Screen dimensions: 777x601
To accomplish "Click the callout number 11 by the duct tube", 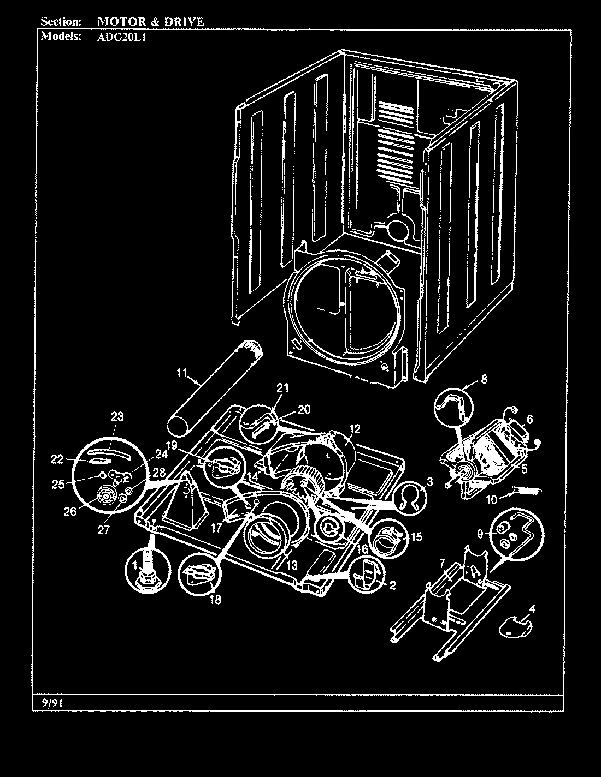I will point(182,373).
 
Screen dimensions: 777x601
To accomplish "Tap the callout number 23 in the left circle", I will point(117,416).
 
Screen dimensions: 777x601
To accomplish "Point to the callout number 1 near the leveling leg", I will point(132,567).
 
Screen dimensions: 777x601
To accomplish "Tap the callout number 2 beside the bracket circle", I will point(392,585).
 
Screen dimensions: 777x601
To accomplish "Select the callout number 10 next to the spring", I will point(491,499).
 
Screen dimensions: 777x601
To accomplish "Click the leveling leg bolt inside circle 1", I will point(146,571).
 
